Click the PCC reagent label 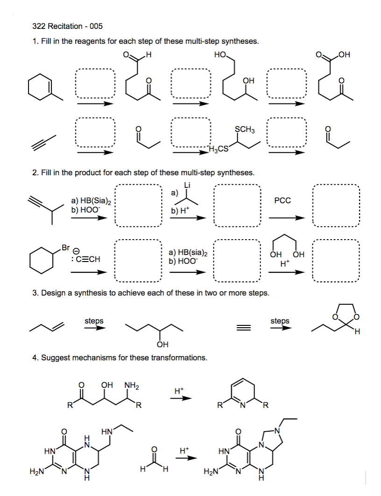point(282,200)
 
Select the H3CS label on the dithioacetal point(219,149)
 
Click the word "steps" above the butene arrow point(94,321)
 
